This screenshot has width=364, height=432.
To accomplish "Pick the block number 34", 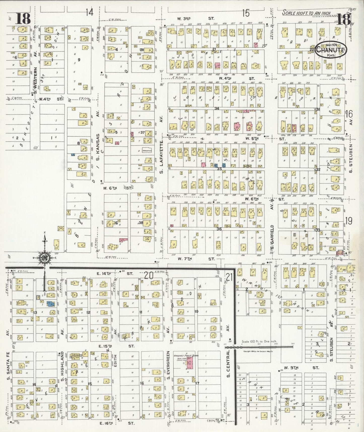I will coord(217,108).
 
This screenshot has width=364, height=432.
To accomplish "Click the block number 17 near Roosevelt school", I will coord(197,383).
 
